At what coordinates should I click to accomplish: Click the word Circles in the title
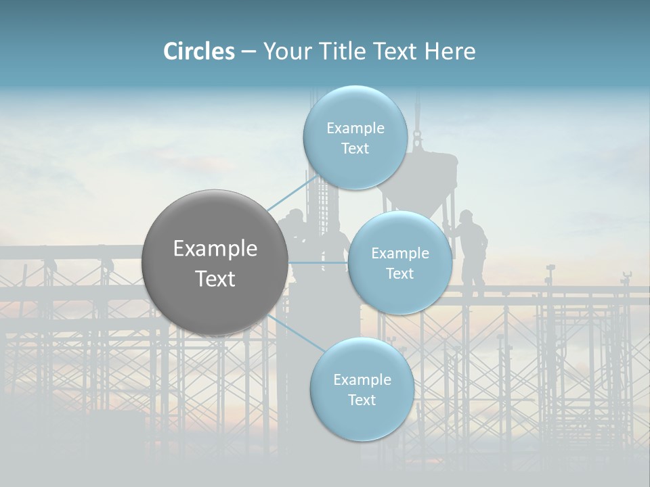pos(199,51)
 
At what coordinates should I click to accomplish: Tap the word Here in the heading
pos(450,51)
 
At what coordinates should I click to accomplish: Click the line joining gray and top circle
pos(291,195)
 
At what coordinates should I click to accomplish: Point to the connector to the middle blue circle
pos(318,262)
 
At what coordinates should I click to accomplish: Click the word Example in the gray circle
pos(215,249)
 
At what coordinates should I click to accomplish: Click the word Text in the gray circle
pos(215,279)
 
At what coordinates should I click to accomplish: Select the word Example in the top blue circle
pos(355,129)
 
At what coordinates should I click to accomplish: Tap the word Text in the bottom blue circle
pos(362,400)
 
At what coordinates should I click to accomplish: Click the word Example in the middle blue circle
pos(400,254)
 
